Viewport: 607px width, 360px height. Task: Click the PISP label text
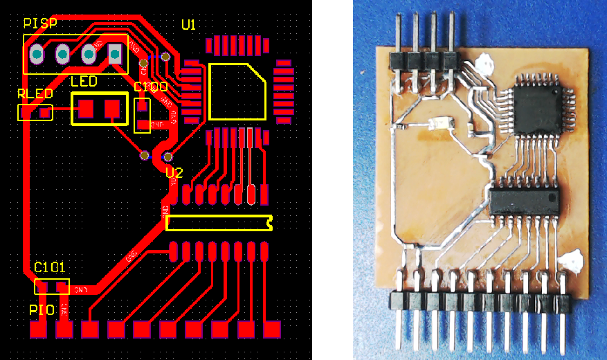[40, 24]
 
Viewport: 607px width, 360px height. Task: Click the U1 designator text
[188, 25]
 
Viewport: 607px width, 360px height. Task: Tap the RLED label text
[33, 93]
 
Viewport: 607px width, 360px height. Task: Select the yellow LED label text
[84, 82]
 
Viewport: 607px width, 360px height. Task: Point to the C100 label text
[150, 88]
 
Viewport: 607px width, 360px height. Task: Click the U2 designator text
[174, 173]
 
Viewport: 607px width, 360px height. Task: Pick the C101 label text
[49, 267]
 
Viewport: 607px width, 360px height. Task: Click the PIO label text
[42, 309]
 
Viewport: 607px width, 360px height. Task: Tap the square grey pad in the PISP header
[115, 53]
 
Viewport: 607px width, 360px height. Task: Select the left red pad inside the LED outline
[87, 108]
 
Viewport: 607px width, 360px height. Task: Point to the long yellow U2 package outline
[219, 222]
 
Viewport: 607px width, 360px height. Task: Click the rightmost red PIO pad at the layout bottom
[272, 330]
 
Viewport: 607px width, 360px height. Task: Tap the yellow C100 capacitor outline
[143, 115]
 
